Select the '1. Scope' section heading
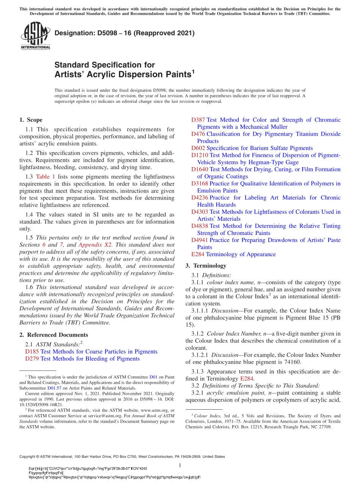pos(31,120)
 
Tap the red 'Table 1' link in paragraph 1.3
pos(45,177)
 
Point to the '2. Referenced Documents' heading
pos(53,335)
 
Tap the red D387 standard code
pos(198,120)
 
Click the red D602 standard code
pos(198,148)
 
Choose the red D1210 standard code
pos(200,155)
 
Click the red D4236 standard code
pos(200,198)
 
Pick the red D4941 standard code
pos(200,240)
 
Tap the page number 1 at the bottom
pos(180,465)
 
